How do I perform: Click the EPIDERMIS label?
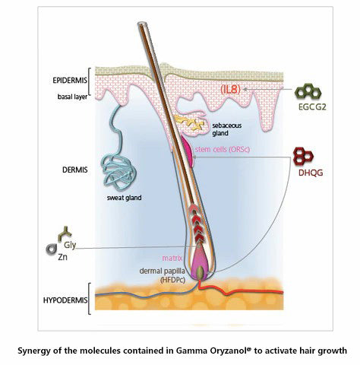(x=70, y=81)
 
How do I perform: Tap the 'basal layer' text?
(x=72, y=97)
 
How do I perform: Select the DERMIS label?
(x=75, y=170)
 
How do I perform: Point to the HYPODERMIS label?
(x=65, y=300)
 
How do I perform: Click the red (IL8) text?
(x=230, y=90)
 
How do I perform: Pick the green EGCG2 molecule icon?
(x=308, y=92)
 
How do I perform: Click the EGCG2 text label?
(x=312, y=107)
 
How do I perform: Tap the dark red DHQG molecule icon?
(x=303, y=156)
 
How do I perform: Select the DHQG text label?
(x=311, y=173)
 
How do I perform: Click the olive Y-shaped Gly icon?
(x=65, y=233)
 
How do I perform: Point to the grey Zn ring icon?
(x=52, y=249)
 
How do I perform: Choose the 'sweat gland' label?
(x=124, y=198)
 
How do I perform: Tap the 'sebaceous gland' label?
(x=227, y=129)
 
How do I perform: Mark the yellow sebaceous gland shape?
(x=189, y=123)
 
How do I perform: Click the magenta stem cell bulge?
(x=188, y=152)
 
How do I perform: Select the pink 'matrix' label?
(x=172, y=258)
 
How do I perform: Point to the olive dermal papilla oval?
(x=201, y=271)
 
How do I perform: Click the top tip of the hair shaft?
(x=141, y=24)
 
